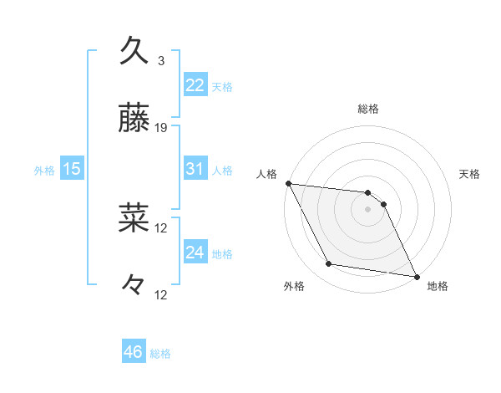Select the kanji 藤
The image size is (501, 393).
[x=134, y=119]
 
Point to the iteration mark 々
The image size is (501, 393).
[x=134, y=286]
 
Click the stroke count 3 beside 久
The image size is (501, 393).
[x=161, y=60]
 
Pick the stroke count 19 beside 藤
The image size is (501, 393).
[x=162, y=128]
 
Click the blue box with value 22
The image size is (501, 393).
[x=195, y=84]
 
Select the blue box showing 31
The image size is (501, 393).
[x=195, y=169]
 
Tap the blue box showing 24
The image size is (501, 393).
[x=195, y=253]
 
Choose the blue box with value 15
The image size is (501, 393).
[x=72, y=169]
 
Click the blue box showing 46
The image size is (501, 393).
[x=134, y=352]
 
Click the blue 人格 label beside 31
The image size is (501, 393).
[x=222, y=171]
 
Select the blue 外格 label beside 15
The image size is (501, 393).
[x=44, y=171]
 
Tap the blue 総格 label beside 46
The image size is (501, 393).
[x=160, y=354]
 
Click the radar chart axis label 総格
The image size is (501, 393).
[x=368, y=109]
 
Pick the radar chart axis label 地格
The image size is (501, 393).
[x=438, y=286]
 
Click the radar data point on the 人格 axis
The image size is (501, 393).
[x=288, y=183]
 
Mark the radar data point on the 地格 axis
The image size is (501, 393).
[x=415, y=275]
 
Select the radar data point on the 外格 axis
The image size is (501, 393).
[x=329, y=264]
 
